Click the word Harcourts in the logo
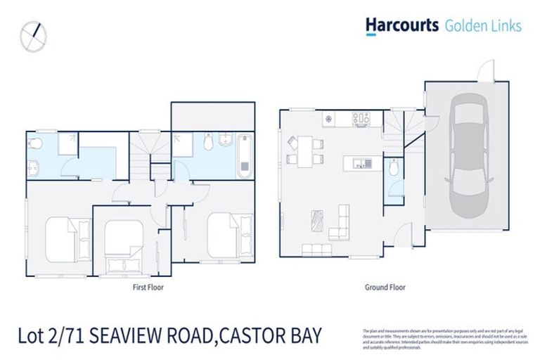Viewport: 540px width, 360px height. (x=401, y=25)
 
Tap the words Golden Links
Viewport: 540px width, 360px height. (x=483, y=26)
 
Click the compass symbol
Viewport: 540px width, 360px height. (x=33, y=37)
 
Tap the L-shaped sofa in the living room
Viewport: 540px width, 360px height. (x=340, y=222)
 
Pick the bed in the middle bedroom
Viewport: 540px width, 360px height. (x=123, y=244)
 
